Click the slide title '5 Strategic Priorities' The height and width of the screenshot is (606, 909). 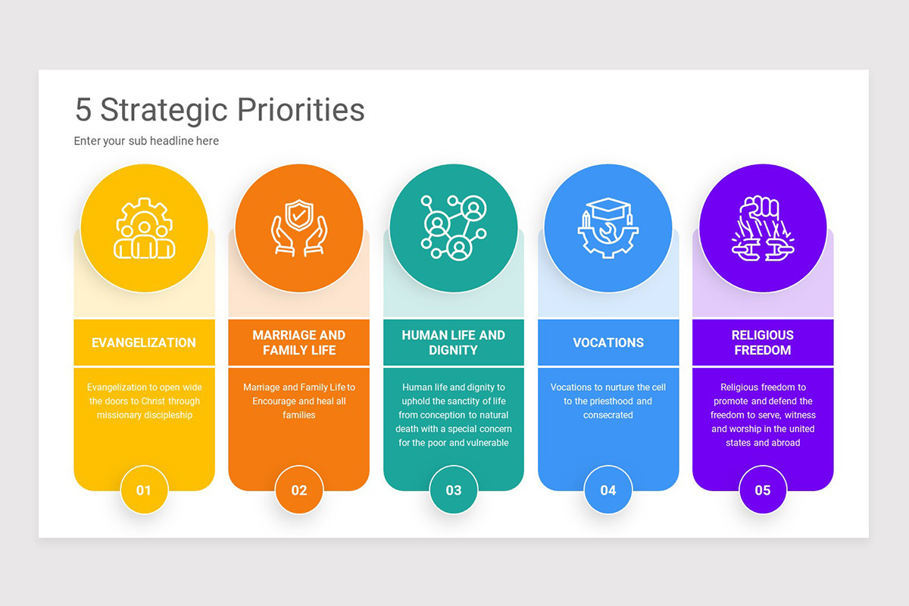tap(220, 110)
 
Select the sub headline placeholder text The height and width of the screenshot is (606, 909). tap(146, 141)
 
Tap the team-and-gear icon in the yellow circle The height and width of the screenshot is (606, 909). tap(144, 228)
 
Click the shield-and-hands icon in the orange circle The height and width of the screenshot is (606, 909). tap(298, 228)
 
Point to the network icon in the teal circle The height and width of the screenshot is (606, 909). tap(453, 228)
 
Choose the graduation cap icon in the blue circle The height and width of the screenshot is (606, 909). tap(608, 228)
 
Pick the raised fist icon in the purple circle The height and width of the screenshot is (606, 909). tap(762, 228)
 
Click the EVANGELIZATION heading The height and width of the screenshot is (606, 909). tap(144, 342)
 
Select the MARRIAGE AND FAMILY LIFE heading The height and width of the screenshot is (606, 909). tap(298, 342)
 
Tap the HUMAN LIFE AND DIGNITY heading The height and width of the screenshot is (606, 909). tap(453, 342)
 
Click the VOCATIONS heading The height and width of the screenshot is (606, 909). tap(608, 342)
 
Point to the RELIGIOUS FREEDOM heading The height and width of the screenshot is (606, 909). tap(762, 342)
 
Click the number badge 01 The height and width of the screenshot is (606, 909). tap(144, 490)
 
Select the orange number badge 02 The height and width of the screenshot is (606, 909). tap(299, 490)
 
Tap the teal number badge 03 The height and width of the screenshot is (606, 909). tap(454, 490)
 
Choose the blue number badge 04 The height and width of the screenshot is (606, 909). tap(608, 490)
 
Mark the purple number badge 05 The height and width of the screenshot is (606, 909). tap(763, 490)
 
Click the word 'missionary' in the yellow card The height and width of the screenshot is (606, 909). tap(118, 415)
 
